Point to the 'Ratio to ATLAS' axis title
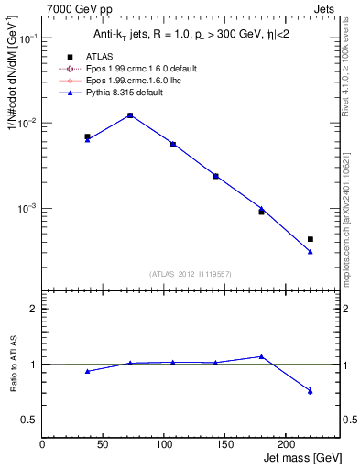[13, 365]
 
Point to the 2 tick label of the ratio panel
[33, 309]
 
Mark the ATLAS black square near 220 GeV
[311, 239]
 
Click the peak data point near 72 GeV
[130, 115]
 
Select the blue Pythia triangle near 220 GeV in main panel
[311, 251]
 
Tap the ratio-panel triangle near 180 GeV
[261, 356]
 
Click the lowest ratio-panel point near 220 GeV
[311, 391]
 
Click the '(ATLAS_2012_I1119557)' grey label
[191, 273]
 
